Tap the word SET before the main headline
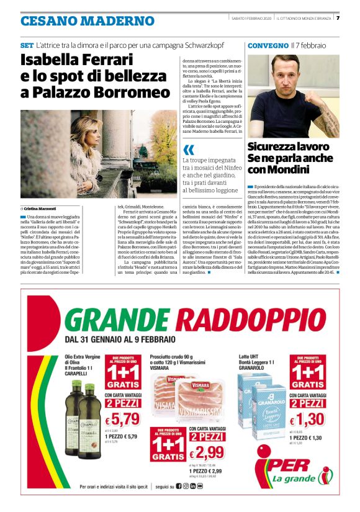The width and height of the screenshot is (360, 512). (27, 46)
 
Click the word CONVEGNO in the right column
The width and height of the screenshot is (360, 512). (268, 46)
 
